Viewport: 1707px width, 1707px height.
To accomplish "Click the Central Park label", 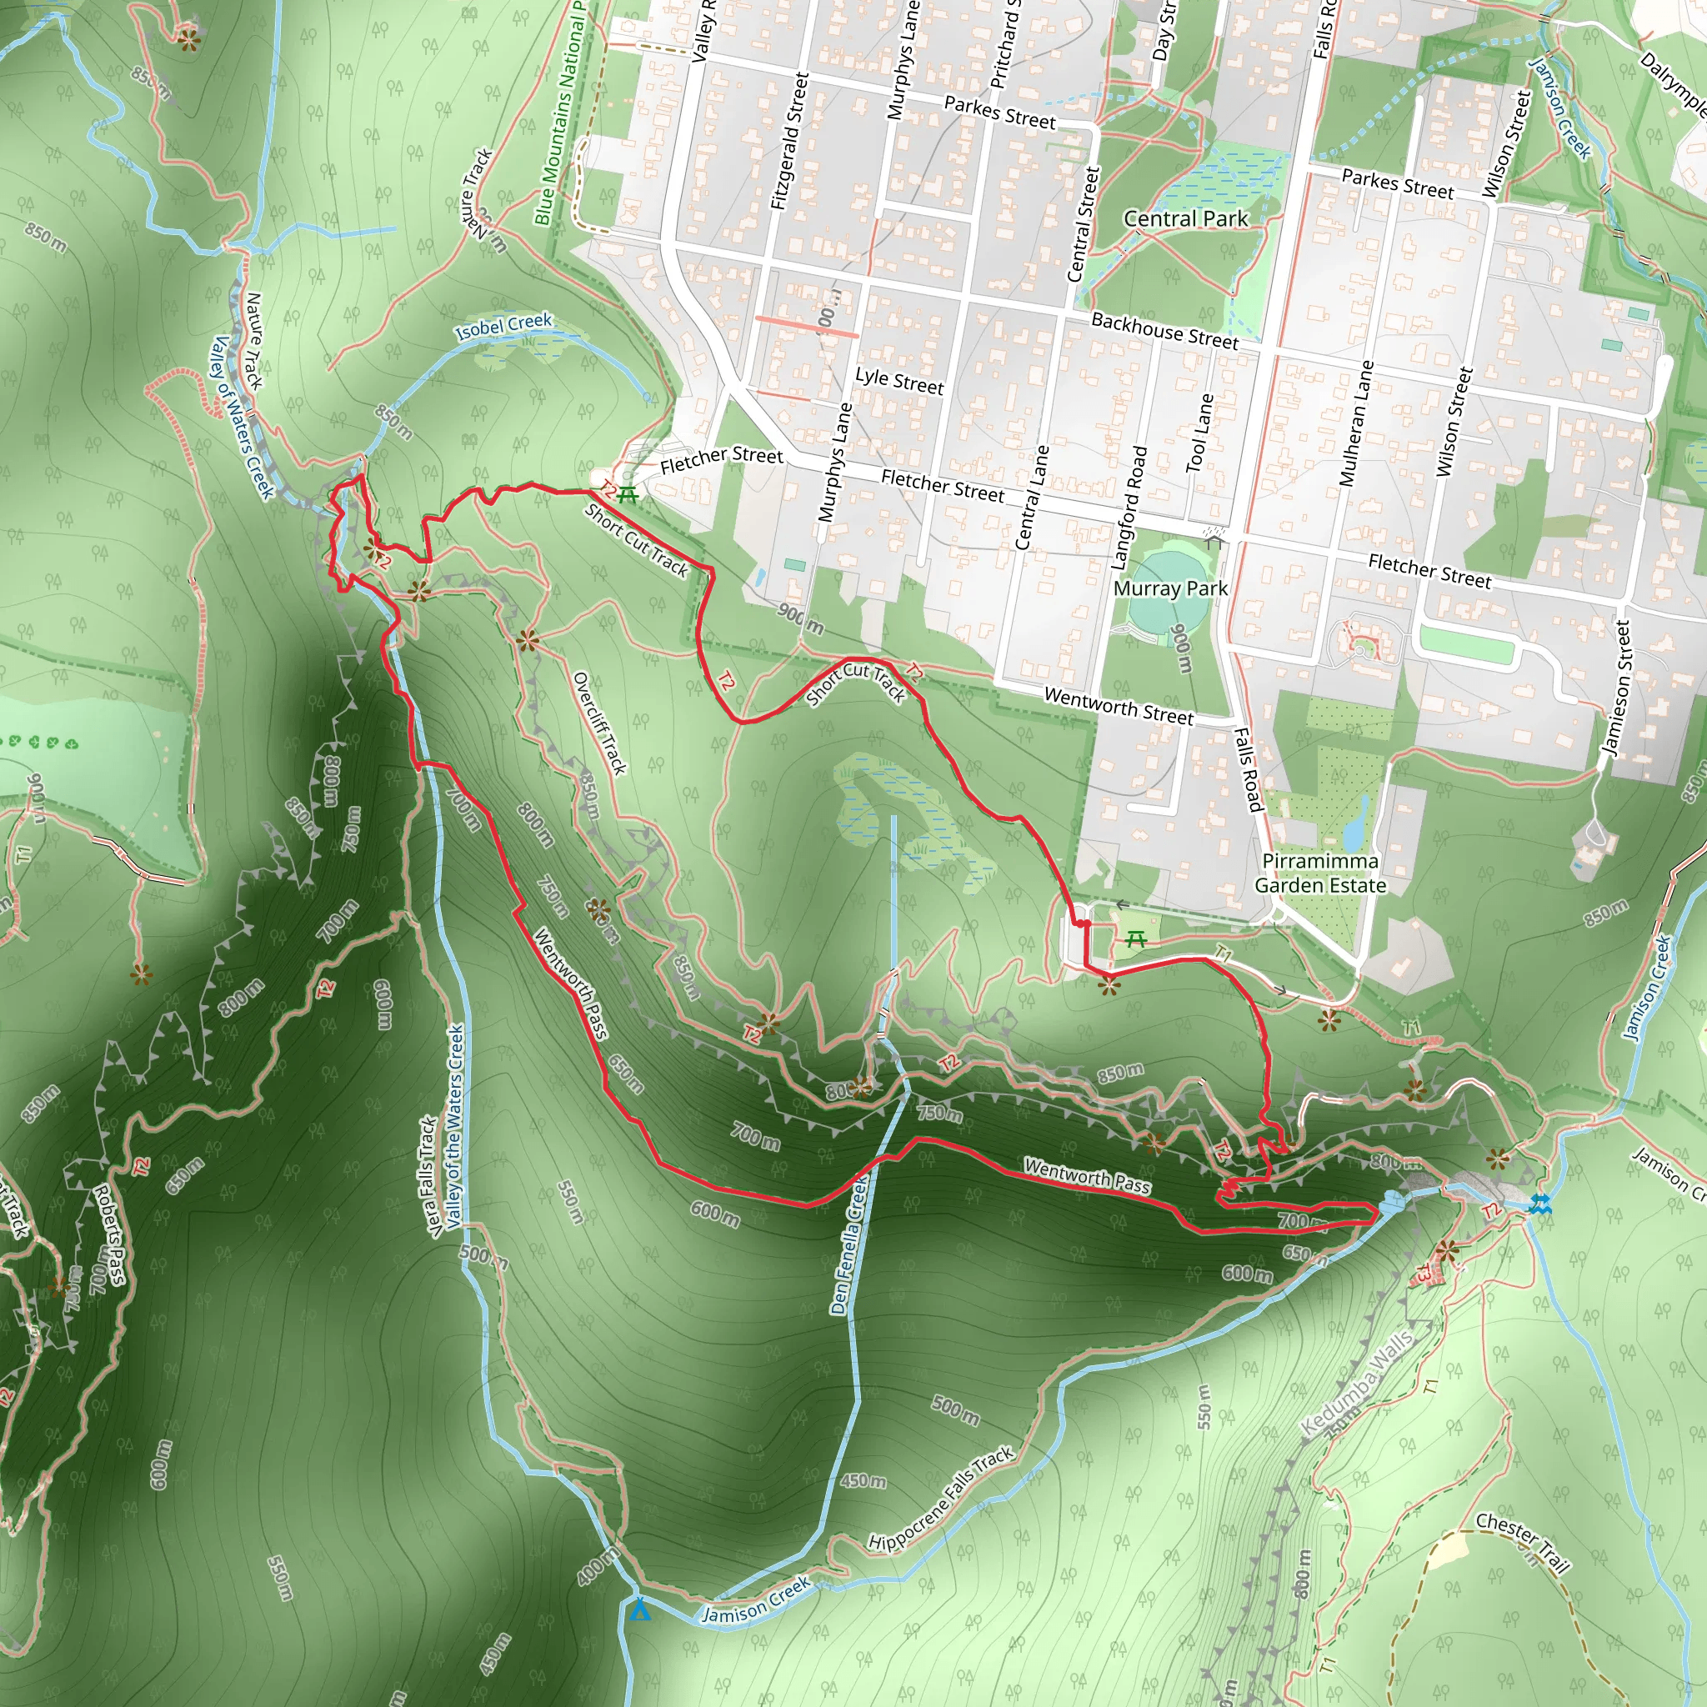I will [1186, 218].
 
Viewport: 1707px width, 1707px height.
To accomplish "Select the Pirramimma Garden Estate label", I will [1320, 873].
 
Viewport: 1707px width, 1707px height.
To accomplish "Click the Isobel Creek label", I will [503, 327].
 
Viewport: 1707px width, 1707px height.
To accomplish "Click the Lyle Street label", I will [899, 381].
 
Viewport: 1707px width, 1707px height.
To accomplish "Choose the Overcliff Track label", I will [600, 723].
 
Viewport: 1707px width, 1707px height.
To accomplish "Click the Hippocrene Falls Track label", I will [941, 1499].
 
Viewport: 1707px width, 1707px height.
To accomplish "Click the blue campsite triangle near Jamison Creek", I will [639, 1609].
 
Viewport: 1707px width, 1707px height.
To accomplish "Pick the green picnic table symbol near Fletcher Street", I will [628, 495].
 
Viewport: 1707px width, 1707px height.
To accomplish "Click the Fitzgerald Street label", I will [790, 142].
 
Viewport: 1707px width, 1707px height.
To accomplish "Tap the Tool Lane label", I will [1200, 433].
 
